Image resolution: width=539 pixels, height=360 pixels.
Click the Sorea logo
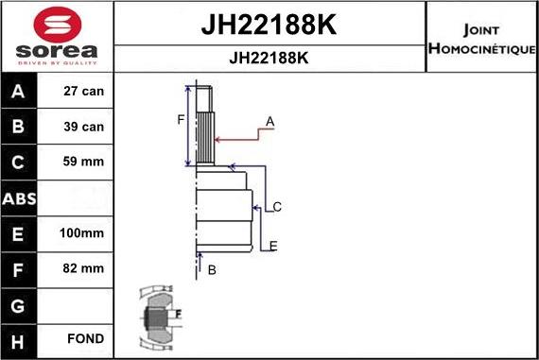(x=57, y=36)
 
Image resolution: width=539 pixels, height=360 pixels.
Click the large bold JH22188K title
(x=269, y=24)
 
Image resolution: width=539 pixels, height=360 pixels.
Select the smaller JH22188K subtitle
(x=269, y=58)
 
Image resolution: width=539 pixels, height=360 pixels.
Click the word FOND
(x=85, y=338)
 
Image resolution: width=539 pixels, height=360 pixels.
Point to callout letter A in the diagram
(x=269, y=121)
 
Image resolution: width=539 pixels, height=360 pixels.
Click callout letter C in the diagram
(x=277, y=206)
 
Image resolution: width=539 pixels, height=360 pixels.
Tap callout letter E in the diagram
(x=273, y=247)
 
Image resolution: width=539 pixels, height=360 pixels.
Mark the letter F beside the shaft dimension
(x=181, y=119)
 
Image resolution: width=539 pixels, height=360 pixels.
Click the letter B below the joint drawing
(x=212, y=270)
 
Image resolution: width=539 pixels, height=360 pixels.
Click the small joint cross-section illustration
(x=160, y=315)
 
